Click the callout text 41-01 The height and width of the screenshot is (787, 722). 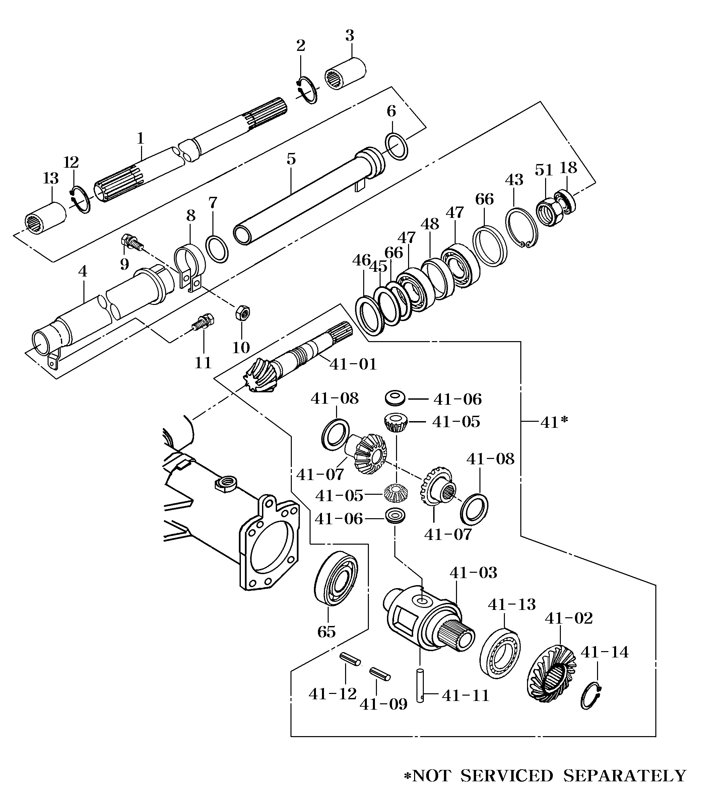[x=353, y=365]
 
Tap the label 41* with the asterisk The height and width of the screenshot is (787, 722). [x=554, y=422]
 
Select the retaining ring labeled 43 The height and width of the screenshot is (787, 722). [x=522, y=228]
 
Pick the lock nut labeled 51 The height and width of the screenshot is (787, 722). [x=550, y=212]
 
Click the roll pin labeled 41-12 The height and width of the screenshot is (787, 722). [x=350, y=659]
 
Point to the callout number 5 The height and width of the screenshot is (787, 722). [x=291, y=159]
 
